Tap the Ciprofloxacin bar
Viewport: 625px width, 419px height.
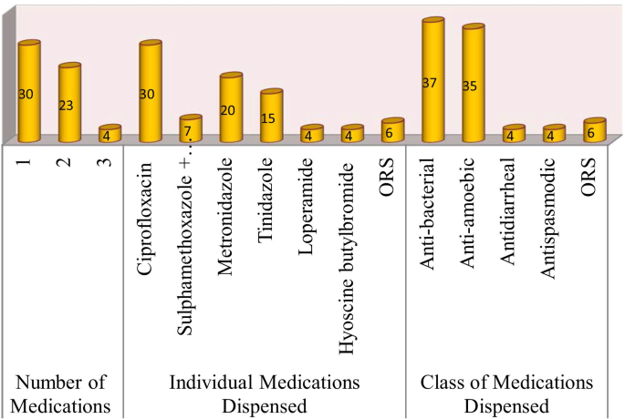(150, 92)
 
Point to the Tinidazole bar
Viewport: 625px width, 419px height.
(271, 116)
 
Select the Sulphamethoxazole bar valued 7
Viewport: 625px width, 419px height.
(190, 129)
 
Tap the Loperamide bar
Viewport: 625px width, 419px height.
(311, 134)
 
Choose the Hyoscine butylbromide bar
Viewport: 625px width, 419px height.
(351, 134)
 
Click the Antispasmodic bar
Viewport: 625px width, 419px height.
(553, 134)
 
